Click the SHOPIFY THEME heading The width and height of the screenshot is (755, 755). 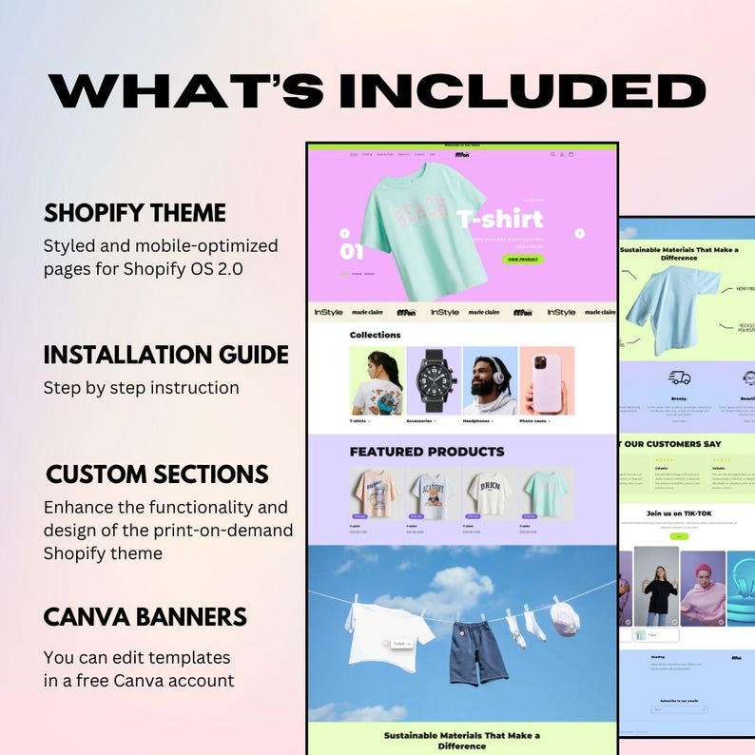134,212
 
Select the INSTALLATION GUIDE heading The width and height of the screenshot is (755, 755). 165,355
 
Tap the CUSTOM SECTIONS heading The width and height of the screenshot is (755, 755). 157,474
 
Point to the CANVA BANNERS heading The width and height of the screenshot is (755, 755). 145,617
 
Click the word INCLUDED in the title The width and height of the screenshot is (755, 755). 522,91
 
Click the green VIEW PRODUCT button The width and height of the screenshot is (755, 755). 525,259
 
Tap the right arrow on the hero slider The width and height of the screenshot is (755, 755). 580,233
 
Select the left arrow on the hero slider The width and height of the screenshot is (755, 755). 344,233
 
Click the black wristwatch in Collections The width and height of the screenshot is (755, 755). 434,379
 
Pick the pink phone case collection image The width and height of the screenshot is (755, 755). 547,379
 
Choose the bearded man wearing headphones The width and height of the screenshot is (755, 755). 491,380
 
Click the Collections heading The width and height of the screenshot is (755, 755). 375,335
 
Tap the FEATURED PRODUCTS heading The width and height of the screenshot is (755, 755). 427,452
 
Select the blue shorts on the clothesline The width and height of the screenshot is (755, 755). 464,649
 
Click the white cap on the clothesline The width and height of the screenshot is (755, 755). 564,618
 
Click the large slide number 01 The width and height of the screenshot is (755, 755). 352,252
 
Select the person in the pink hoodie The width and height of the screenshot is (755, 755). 704,590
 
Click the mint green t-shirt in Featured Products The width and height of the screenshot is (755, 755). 545,493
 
